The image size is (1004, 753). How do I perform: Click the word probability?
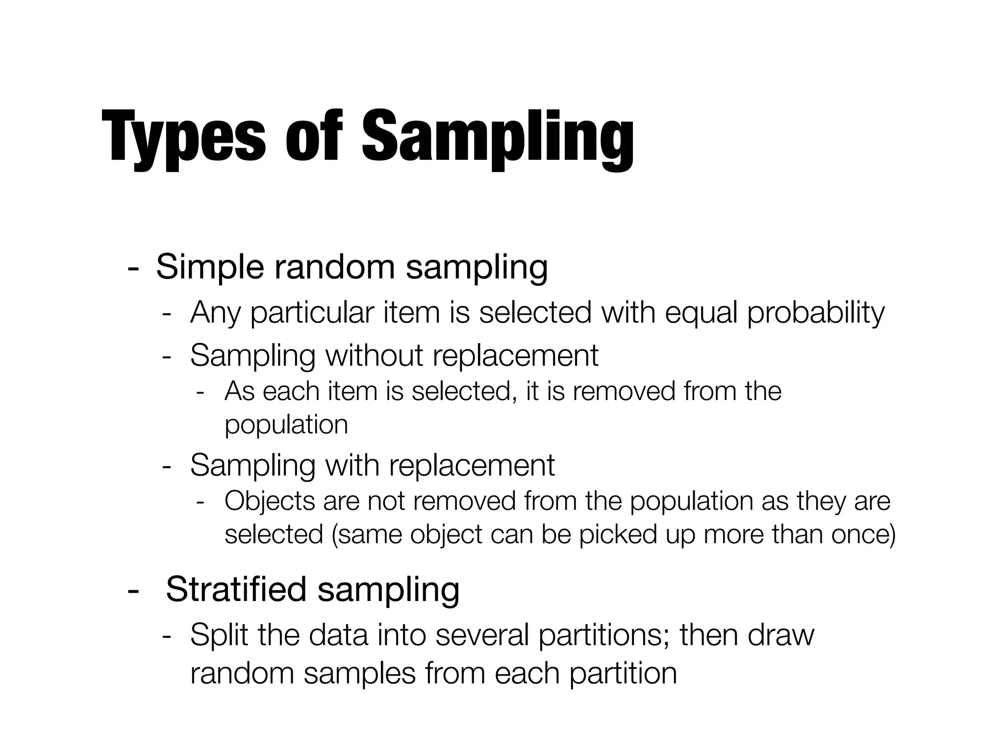click(816, 312)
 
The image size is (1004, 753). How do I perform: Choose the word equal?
click(701, 312)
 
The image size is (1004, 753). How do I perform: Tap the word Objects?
click(269, 502)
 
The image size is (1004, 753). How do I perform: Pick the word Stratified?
click(236, 589)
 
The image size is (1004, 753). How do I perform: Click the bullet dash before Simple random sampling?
click(132, 269)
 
